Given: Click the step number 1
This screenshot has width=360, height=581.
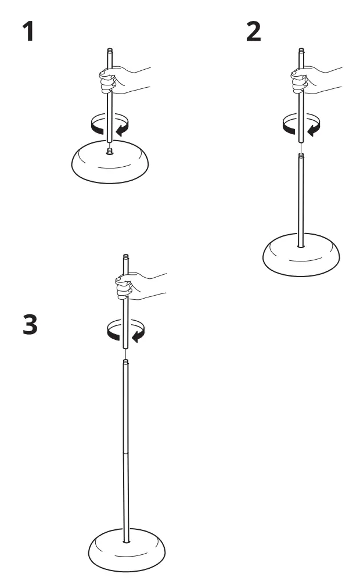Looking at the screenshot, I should click(x=27, y=33).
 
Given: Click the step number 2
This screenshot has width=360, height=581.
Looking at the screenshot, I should click(x=254, y=33).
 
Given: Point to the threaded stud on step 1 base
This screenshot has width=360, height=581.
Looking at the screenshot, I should click(x=109, y=151).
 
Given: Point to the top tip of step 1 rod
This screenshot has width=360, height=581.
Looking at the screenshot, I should click(x=109, y=52).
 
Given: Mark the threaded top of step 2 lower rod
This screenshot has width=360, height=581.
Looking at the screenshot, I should click(x=300, y=156).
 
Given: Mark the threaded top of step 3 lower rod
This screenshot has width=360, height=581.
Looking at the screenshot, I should click(x=126, y=363).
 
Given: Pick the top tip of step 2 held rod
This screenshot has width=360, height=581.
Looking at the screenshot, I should click(x=300, y=52).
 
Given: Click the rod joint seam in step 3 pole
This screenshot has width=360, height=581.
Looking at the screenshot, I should click(x=127, y=450).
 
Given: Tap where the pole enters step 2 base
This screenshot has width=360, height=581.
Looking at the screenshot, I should click(x=300, y=246).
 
